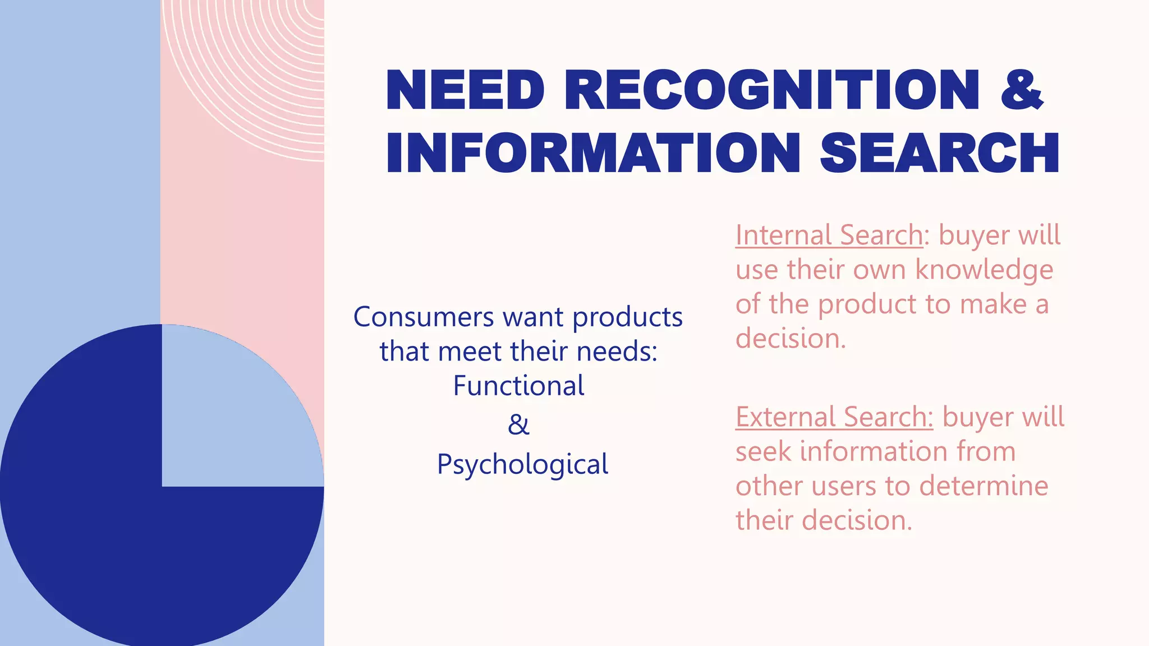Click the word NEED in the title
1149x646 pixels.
[465, 91]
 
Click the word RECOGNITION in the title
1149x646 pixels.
[772, 91]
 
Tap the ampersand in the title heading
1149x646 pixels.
[1022, 91]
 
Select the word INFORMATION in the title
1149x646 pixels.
[592, 154]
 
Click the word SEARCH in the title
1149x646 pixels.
[940, 154]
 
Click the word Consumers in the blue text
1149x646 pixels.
[424, 317]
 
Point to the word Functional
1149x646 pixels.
[518, 386]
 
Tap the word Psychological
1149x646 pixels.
[522, 465]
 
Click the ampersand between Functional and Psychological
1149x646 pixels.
[518, 425]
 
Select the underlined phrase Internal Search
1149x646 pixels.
[829, 235]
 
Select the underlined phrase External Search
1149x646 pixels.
[834, 417]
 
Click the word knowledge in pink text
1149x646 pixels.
[984, 270]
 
